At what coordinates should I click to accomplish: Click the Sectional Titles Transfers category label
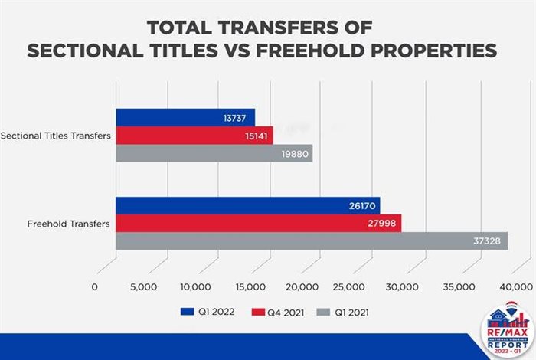click(x=56, y=136)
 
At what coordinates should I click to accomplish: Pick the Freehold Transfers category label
click(x=68, y=224)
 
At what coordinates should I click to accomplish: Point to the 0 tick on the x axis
click(x=94, y=286)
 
